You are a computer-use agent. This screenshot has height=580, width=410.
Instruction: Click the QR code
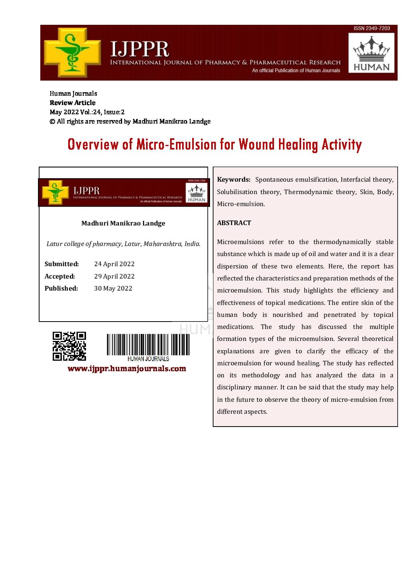(69, 346)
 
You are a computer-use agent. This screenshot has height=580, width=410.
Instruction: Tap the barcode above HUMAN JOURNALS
(148, 344)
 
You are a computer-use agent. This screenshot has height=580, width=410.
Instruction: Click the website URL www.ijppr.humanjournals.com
(127, 368)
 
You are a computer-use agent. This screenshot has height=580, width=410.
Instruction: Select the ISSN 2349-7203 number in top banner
(372, 28)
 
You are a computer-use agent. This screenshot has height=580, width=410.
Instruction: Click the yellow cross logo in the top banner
(72, 52)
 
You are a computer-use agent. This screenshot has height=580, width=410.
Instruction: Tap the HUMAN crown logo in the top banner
(371, 53)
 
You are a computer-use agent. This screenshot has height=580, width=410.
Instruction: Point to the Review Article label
(72, 103)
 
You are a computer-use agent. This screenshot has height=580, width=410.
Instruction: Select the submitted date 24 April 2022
(114, 264)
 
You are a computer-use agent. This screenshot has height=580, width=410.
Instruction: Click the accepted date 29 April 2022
(114, 276)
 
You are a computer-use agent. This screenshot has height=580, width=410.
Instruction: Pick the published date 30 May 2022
(113, 288)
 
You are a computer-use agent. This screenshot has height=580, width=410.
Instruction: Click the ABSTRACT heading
(234, 223)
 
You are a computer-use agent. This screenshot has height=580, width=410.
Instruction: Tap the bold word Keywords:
(234, 179)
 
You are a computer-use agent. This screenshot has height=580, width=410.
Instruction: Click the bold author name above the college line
(123, 223)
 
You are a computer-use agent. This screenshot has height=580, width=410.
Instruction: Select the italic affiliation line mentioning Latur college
(123, 244)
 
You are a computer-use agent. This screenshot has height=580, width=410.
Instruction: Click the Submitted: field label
(62, 264)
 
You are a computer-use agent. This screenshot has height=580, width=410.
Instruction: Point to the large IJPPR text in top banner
(140, 49)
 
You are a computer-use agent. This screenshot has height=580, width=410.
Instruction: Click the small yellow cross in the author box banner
(55, 192)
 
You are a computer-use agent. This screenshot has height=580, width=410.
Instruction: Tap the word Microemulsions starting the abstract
(241, 242)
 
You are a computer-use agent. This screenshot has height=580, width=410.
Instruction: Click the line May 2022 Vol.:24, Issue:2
(87, 112)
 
